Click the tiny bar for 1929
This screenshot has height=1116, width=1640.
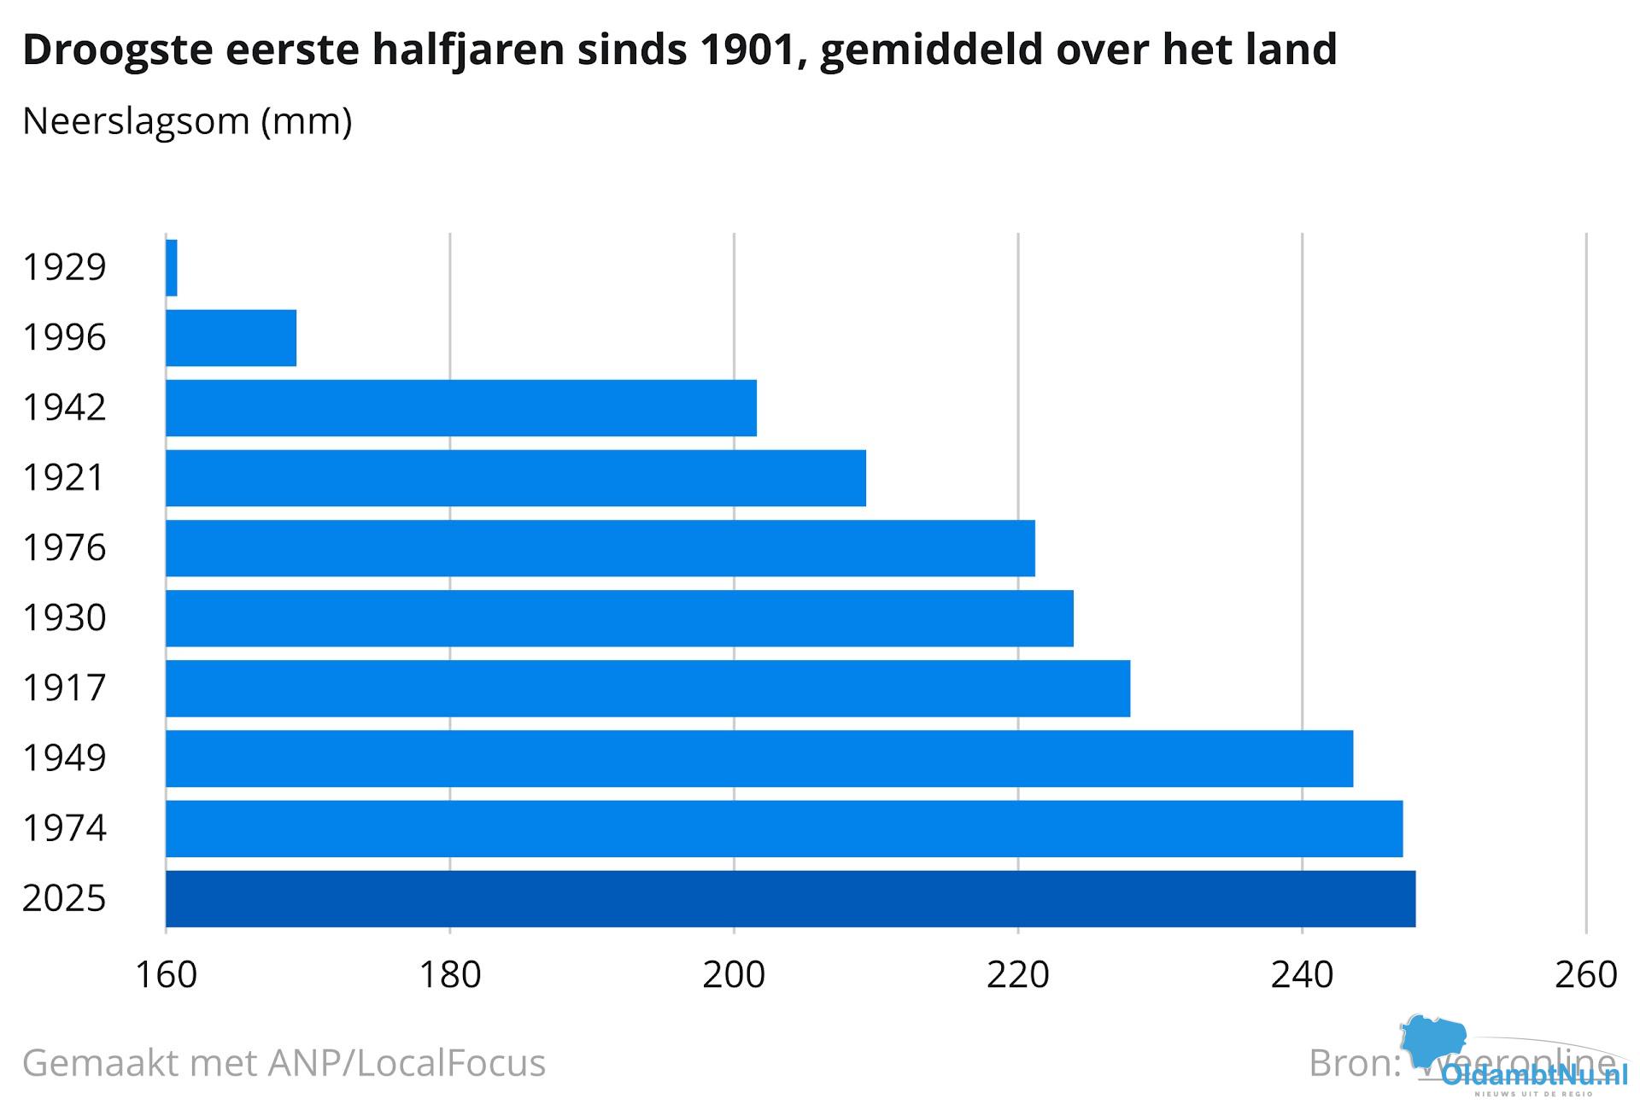tap(172, 268)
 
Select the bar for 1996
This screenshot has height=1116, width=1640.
tap(231, 338)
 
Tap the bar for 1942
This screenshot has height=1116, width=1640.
tap(461, 408)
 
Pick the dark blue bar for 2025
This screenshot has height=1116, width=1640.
tap(790, 898)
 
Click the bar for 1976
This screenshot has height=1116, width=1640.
tap(600, 548)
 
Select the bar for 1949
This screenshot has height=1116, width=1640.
tap(759, 758)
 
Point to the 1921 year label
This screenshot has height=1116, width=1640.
tap(64, 478)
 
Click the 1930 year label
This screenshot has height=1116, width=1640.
tap(64, 618)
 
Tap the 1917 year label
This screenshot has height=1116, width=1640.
tap(64, 688)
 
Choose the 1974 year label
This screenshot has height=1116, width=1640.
tap(64, 828)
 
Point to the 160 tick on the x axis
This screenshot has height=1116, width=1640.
tap(167, 975)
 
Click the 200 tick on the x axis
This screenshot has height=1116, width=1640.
tap(734, 975)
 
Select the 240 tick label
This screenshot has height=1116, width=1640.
tap(1302, 975)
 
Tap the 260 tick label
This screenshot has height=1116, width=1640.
tap(1586, 975)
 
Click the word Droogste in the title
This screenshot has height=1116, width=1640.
tap(118, 50)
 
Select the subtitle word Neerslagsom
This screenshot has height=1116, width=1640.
tap(136, 121)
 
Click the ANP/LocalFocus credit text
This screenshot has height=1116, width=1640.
tap(407, 1064)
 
